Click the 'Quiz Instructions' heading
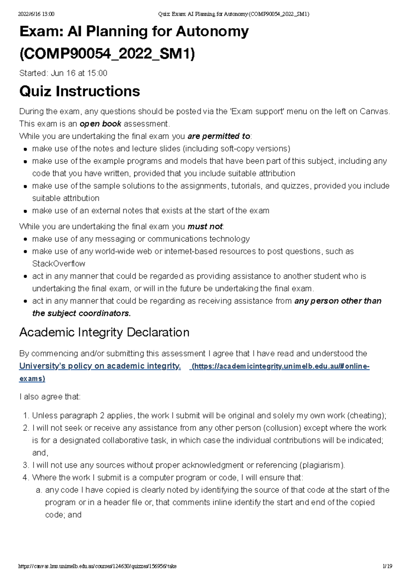coord(79,92)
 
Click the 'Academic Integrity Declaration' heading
coord(104,332)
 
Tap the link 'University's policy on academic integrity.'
coord(100,366)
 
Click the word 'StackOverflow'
coord(59,264)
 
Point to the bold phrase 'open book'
coord(100,124)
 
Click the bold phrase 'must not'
coord(205,226)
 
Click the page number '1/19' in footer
coord(387,566)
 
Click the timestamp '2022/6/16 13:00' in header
coord(36,14)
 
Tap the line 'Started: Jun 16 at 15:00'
coord(63,73)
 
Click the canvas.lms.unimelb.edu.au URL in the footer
coord(98,566)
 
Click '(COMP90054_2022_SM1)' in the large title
coord(107,54)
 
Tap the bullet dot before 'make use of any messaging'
coord(25,239)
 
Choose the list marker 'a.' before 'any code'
coord(39,490)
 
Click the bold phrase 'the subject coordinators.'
coord(82,313)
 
